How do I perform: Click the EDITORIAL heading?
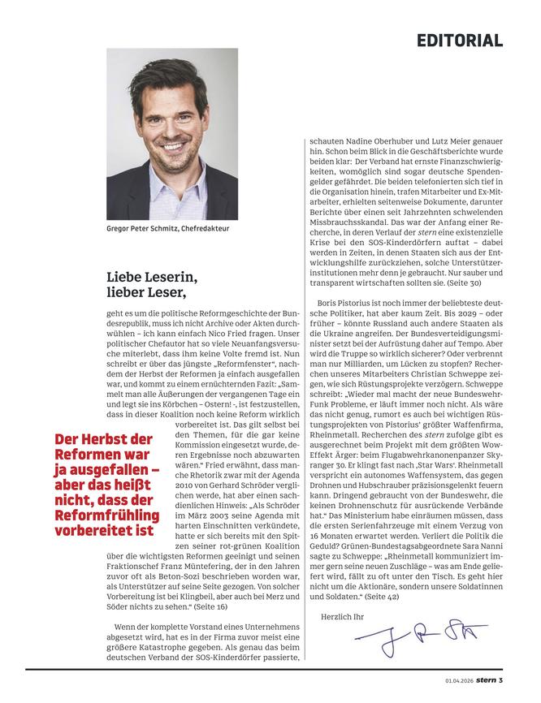click(x=460, y=41)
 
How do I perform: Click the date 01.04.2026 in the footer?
click(x=460, y=679)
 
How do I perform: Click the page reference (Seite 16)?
click(x=208, y=606)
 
